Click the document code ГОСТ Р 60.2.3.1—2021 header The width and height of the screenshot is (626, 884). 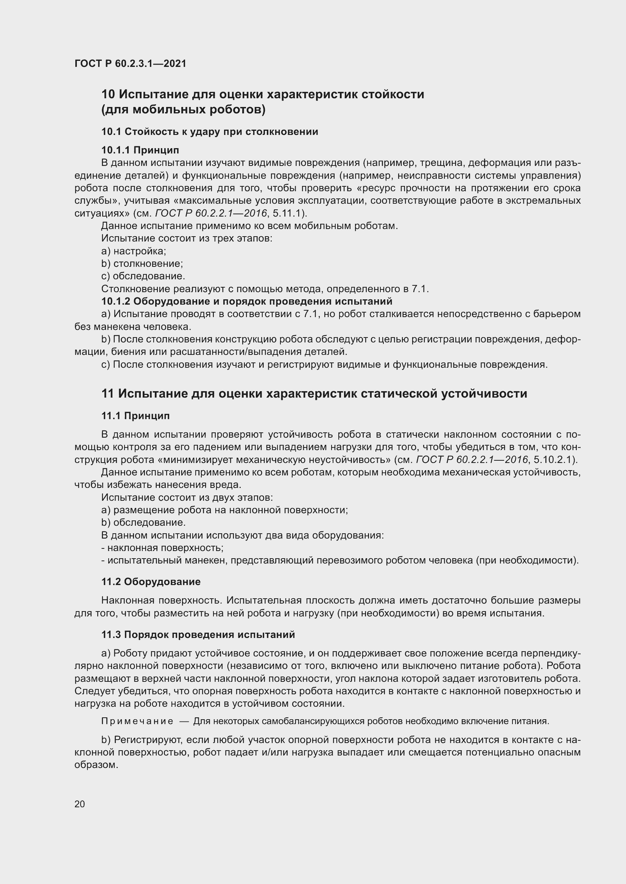pos(130,64)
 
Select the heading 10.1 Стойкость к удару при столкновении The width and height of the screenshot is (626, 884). pos(210,132)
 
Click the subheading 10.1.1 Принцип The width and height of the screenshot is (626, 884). pos(140,150)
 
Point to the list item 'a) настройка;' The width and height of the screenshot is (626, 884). pos(133,251)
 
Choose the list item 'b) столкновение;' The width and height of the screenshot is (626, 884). pos(142,264)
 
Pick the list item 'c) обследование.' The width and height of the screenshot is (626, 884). pos(143,276)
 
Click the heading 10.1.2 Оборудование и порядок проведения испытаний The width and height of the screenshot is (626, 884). pos(247,301)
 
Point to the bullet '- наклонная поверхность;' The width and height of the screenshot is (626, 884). pos(162,548)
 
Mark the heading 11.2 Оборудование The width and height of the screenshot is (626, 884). pos(151,581)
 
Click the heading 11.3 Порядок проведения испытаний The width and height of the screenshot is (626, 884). pos(198,635)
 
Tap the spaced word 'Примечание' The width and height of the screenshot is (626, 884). pos(137,721)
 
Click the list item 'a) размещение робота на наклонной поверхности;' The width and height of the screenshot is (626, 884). pos(224,510)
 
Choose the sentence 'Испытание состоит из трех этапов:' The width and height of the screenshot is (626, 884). pos(187,238)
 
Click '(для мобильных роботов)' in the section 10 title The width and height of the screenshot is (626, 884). pos(184,110)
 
